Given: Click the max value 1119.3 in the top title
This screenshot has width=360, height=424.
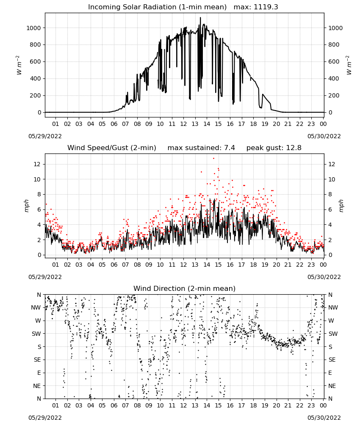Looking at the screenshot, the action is tap(266, 7).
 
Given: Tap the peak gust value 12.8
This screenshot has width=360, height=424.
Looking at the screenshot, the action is tap(293, 148).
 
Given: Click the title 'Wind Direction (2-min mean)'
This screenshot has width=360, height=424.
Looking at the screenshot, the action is tap(185, 288).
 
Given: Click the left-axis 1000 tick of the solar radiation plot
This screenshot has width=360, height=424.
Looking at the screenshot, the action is tap(33, 28).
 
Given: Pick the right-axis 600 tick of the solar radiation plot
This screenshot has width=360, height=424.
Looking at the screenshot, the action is tap(334, 61).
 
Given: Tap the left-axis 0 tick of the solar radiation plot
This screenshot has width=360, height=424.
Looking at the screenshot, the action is tap(39, 112).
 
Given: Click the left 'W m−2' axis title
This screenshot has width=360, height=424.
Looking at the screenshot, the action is tap(19, 65).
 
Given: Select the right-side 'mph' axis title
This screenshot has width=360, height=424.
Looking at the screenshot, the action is tap(341, 206).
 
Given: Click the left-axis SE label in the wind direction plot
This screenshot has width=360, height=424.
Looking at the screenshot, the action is tap(37, 360).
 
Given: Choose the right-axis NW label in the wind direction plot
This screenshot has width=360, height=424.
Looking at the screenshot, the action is tap(333, 307).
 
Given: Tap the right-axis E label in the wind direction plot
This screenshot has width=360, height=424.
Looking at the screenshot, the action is tap(330, 373).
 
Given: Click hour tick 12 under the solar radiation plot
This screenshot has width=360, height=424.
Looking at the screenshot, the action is tap(183, 124).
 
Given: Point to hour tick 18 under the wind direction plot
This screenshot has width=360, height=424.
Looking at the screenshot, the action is tap(253, 405).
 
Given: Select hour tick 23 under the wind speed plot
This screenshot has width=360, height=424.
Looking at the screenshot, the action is tap(311, 265).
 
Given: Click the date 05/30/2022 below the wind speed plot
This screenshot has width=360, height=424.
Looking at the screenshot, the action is tap(324, 277).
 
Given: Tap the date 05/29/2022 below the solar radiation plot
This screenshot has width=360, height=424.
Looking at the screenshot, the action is tap(45, 136).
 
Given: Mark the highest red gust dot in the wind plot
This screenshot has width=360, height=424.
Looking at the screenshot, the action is tap(213, 158).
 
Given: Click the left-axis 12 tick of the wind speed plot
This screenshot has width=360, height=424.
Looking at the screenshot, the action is tap(38, 164).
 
